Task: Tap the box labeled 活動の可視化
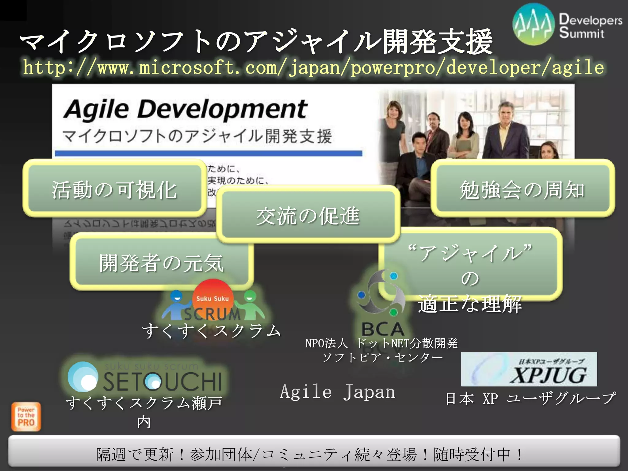point(114,189)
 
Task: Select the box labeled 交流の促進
point(308,215)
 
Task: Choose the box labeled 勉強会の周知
point(523,189)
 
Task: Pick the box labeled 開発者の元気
point(161,262)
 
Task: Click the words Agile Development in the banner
point(186,109)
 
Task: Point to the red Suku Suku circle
point(213,296)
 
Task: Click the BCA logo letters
point(382,329)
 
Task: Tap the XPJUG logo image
point(529,369)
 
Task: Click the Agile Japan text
point(337,392)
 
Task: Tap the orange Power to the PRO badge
point(26,417)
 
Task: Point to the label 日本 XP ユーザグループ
point(530,399)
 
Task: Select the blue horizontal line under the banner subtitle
point(209,153)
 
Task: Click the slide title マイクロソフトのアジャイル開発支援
point(256,41)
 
